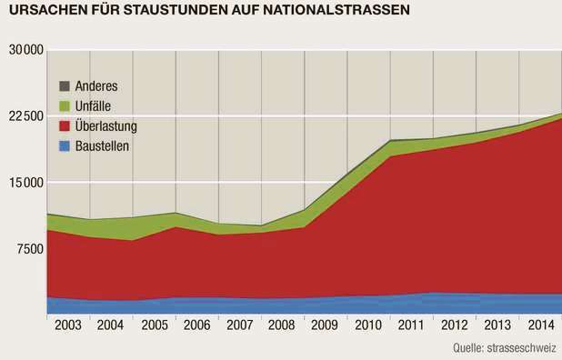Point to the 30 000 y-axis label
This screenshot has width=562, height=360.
[26, 49]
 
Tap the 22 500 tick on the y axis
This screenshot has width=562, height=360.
[26, 116]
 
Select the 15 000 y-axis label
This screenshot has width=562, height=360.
[26, 183]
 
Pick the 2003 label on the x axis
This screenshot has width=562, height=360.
[67, 325]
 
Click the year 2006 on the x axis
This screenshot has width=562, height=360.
[196, 325]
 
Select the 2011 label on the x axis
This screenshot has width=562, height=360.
[412, 325]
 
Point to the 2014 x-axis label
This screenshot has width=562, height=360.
[540, 325]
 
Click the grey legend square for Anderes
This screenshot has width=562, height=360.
[65, 86]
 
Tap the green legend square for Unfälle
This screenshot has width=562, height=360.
[65, 105]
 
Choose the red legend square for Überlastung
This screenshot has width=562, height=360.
[65, 125]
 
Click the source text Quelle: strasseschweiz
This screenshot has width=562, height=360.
[506, 348]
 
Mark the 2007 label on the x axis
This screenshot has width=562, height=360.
[240, 325]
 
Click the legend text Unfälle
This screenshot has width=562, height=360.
[94, 105]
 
